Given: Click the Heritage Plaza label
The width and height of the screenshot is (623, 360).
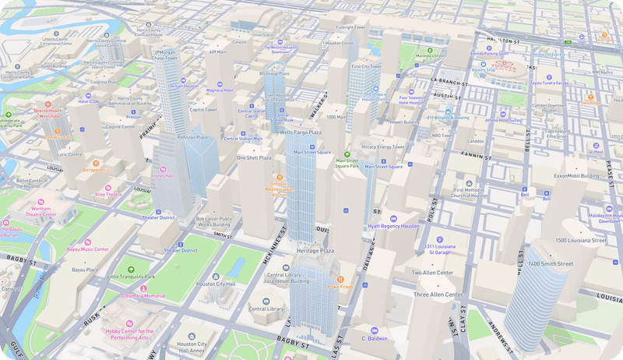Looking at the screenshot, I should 315,251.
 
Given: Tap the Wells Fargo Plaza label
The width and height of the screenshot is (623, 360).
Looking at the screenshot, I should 301,133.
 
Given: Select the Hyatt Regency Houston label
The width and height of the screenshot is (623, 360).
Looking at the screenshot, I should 393,225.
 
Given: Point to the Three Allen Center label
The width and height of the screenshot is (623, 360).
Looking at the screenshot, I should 438,295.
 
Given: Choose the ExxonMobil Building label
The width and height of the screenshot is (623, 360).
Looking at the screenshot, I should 576,175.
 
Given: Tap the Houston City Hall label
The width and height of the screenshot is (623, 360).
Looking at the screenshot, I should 216,284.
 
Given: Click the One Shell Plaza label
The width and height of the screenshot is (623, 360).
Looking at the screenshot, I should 254,157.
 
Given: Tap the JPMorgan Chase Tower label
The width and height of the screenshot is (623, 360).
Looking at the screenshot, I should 165,55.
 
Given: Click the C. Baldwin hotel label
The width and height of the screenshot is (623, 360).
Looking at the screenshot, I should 375,339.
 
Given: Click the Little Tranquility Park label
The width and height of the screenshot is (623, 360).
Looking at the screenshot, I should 131,277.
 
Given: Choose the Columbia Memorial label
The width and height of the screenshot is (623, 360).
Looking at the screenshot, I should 143,296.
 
